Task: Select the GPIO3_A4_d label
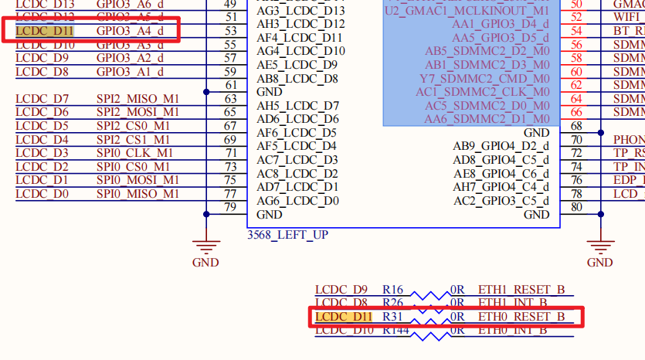(130, 31)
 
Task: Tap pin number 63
(230, 99)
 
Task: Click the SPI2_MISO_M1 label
(137, 99)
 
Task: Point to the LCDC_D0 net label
(42, 194)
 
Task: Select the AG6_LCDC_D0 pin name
(297, 201)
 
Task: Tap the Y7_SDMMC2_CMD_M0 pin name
(484, 79)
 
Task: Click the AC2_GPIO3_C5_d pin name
(501, 201)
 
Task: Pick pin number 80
(575, 207)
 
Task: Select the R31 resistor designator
(393, 317)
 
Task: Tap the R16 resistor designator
(393, 290)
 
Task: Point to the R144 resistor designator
(396, 331)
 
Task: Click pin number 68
(575, 126)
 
